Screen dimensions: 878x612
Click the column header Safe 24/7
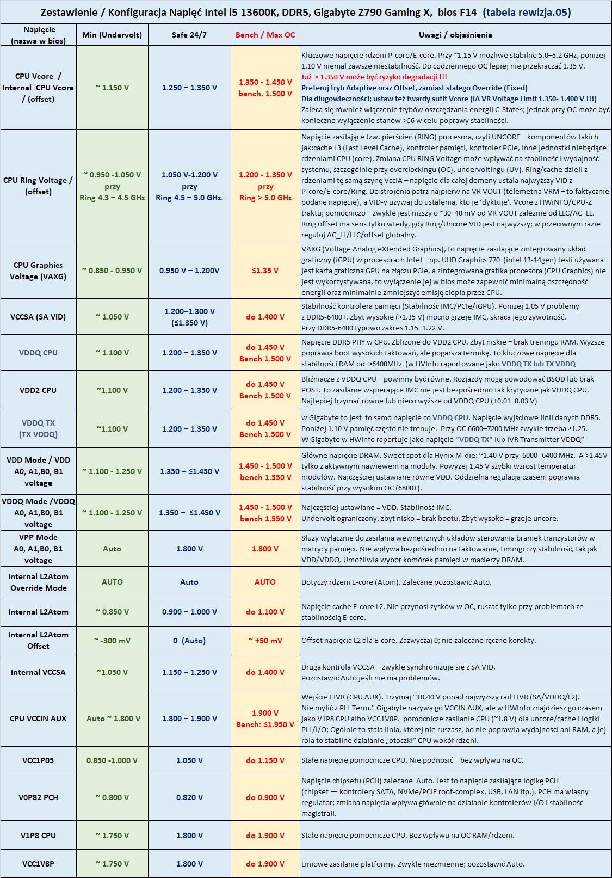coord(189,35)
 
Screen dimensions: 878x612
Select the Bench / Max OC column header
coord(265,35)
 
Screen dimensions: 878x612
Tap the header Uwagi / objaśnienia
coord(455,35)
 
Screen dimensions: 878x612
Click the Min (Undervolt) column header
coord(112,35)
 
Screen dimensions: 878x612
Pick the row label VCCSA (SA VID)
coord(38,317)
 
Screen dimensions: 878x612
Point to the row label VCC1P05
coord(38,760)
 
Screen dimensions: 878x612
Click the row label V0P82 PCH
coord(38,797)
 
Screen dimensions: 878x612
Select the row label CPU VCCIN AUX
coord(38,719)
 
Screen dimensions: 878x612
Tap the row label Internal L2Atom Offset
coord(38,640)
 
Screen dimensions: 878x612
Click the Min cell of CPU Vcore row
coord(112,88)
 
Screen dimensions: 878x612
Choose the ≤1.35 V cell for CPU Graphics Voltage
coord(265,271)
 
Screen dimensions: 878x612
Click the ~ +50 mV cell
coord(265,641)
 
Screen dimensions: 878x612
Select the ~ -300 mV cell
coord(112,641)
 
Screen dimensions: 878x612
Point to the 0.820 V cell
coord(189,797)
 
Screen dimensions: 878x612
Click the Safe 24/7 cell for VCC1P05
coord(189,760)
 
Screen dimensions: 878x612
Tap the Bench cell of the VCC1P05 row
coord(265,760)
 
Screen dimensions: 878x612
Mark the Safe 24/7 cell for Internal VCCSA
coord(189,672)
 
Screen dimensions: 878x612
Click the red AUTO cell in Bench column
coord(265,582)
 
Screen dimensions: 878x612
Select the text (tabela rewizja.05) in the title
coord(527,12)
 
